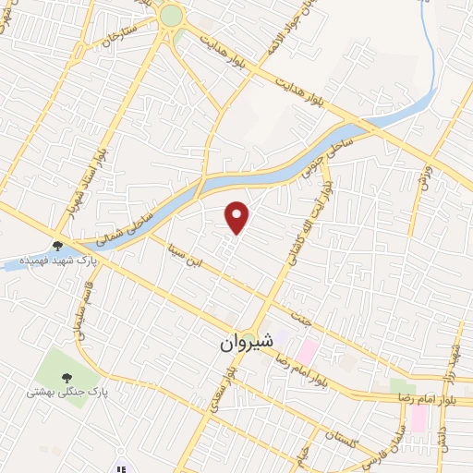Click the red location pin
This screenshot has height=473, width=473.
point(238,216)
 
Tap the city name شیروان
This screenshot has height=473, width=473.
point(247,340)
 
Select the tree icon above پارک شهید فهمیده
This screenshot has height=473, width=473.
point(58,246)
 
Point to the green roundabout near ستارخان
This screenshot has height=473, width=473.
point(171,16)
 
